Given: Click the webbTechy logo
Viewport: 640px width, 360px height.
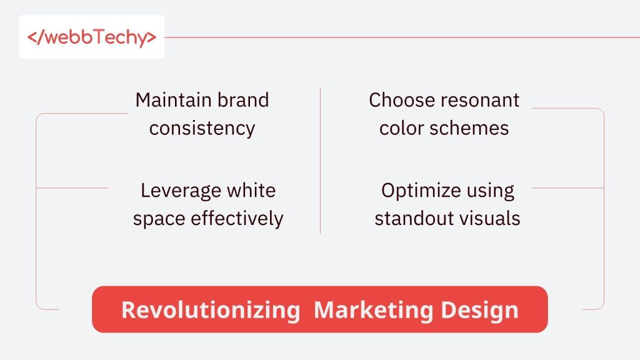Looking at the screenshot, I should pos(92,37).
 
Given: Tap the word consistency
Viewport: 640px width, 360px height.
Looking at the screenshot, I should pos(202,128).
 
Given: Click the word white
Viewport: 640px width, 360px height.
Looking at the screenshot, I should pos(251,190).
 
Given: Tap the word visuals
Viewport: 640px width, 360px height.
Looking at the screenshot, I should pos(490,218).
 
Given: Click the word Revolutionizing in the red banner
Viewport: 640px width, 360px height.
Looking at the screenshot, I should pos(211,310).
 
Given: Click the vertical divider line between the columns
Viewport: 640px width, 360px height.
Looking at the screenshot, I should pos(320,160).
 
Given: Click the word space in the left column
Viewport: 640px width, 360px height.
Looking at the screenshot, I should pos(156,219).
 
